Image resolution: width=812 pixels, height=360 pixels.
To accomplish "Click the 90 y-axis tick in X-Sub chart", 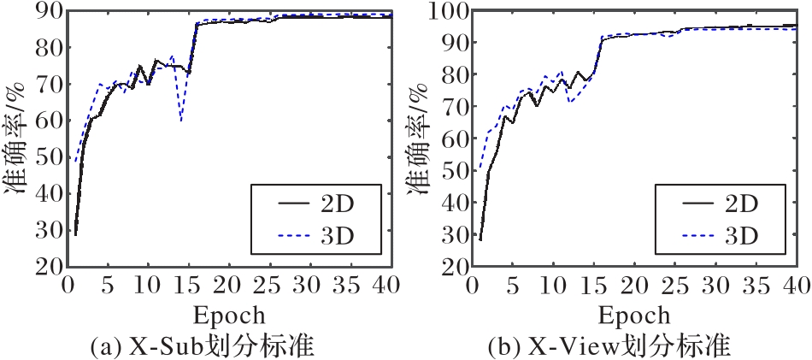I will [x=47, y=10].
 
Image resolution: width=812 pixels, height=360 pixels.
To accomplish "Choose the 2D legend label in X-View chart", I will [x=740, y=205].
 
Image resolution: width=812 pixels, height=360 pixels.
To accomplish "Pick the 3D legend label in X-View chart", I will [x=740, y=233].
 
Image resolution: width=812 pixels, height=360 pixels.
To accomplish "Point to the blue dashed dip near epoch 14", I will [x=181, y=121].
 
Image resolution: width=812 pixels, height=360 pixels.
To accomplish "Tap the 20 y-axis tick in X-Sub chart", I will [x=47, y=266].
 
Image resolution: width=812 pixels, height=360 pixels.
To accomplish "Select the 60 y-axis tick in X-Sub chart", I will [x=47, y=121].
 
